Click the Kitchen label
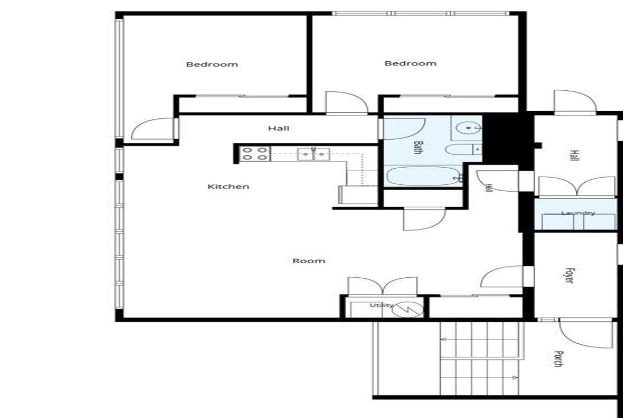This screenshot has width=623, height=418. (228, 186)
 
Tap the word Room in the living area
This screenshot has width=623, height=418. (309, 261)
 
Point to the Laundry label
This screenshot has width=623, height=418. (578, 213)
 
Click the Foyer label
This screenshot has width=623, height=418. (570, 276)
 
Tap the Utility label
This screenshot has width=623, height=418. (382, 305)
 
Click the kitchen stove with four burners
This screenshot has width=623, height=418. (255, 154)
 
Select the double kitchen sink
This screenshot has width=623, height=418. (314, 154)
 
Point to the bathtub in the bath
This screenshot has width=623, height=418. (423, 176)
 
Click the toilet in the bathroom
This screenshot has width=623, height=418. (463, 150)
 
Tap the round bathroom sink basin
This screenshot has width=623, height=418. (469, 128)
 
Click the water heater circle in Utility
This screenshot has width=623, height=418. (408, 309)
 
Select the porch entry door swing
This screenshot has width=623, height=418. (586, 333)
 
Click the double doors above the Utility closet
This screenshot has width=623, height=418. (383, 286)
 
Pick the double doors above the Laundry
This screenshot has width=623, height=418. (577, 186)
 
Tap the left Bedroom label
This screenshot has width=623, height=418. (212, 64)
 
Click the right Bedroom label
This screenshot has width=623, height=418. (411, 63)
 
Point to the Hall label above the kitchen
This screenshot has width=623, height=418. (279, 128)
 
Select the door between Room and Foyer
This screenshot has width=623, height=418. (502, 277)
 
